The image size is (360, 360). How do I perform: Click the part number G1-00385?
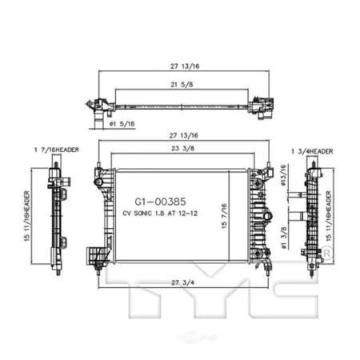pyautogui.click(x=160, y=202)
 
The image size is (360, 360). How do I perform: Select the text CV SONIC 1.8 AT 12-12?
pyautogui.click(x=160, y=214)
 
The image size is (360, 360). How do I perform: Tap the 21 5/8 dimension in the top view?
pyautogui.click(x=182, y=85)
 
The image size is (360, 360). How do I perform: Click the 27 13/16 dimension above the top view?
pyautogui.click(x=185, y=66)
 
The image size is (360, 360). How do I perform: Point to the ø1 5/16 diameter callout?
pyautogui.click(x=122, y=124)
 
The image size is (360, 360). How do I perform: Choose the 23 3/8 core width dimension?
pyautogui.click(x=182, y=148)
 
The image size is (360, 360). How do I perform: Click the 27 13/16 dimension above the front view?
pyautogui.click(x=184, y=135)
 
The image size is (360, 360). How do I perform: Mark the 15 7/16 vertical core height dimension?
pyautogui.click(x=224, y=216)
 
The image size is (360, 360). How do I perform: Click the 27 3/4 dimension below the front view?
pyautogui.click(x=183, y=282)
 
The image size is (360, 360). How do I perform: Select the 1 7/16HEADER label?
pyautogui.click(x=57, y=150)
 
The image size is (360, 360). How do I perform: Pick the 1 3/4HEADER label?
pyautogui.click(x=312, y=151)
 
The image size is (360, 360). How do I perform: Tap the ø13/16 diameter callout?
pyautogui.click(x=283, y=175)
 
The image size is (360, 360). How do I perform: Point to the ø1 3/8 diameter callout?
pyautogui.click(x=283, y=238)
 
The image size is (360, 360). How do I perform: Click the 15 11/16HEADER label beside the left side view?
pyautogui.click(x=27, y=216)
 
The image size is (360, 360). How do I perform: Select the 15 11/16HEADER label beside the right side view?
pyautogui.click(x=329, y=216)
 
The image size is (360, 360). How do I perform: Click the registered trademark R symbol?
pyautogui.click(x=326, y=252)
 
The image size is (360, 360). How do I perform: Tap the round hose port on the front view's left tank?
pyautogui.click(x=98, y=182)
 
